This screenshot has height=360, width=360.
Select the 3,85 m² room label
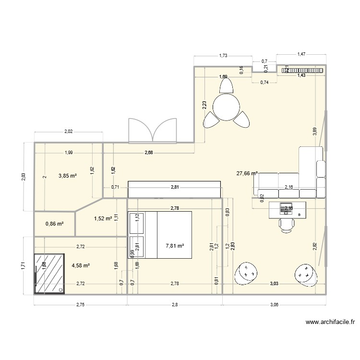point(68,176)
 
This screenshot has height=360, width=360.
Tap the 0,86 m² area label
point(54,224)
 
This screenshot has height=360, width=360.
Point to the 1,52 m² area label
point(103,218)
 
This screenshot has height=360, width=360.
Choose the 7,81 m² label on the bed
point(175,246)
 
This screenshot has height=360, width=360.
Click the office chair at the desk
point(288,225)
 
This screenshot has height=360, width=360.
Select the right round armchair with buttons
point(303,274)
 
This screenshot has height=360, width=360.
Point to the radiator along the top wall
point(302,71)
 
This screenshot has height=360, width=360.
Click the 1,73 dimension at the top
point(223,56)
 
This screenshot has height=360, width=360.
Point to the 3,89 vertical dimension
point(314,133)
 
